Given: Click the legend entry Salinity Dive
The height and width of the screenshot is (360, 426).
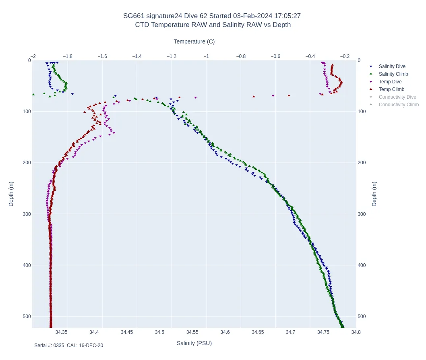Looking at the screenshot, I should pos(392,66).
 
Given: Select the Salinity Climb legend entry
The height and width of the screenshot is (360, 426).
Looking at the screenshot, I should pos(393,74).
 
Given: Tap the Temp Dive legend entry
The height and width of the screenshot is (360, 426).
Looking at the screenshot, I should pos(390,82).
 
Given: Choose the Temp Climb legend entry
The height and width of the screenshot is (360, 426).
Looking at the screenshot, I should pos(391,89).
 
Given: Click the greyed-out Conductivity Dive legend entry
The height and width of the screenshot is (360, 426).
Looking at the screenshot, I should pos(397,97).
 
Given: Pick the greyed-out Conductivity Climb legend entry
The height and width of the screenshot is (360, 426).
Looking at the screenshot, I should pos(399,105).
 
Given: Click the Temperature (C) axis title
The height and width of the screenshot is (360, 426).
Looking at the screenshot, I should pos(194,41).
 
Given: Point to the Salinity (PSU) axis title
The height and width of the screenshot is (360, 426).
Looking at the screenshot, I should pos(194,343).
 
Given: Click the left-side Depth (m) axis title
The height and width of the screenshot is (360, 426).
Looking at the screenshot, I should pos(11,194).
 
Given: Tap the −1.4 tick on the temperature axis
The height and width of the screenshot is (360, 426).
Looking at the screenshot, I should pos(137,56).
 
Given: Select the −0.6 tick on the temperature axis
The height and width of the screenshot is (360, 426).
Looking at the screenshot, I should pos(275,56).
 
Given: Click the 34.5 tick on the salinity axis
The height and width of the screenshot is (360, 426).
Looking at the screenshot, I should pos(159,332).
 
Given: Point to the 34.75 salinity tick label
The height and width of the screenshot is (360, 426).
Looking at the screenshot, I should pos(323,332).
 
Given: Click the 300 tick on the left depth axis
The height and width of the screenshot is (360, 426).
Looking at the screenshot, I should pos(27,214).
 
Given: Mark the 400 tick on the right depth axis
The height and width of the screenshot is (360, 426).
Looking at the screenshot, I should pos(362,265).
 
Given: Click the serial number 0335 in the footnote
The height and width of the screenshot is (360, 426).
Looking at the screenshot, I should pos(59,346).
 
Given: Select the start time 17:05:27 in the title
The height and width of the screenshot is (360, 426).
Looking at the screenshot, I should pos(287,16).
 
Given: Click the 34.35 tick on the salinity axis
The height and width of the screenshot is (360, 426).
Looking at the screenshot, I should pos(61,332).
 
